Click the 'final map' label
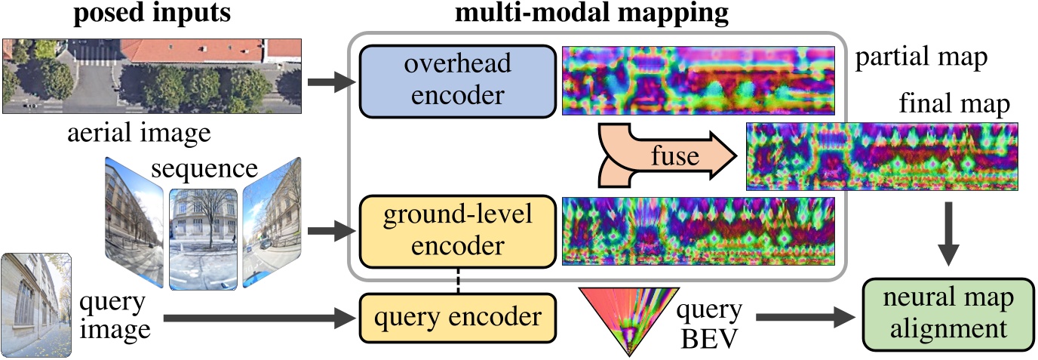pos(954,104)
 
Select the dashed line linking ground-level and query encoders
pos(457,280)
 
